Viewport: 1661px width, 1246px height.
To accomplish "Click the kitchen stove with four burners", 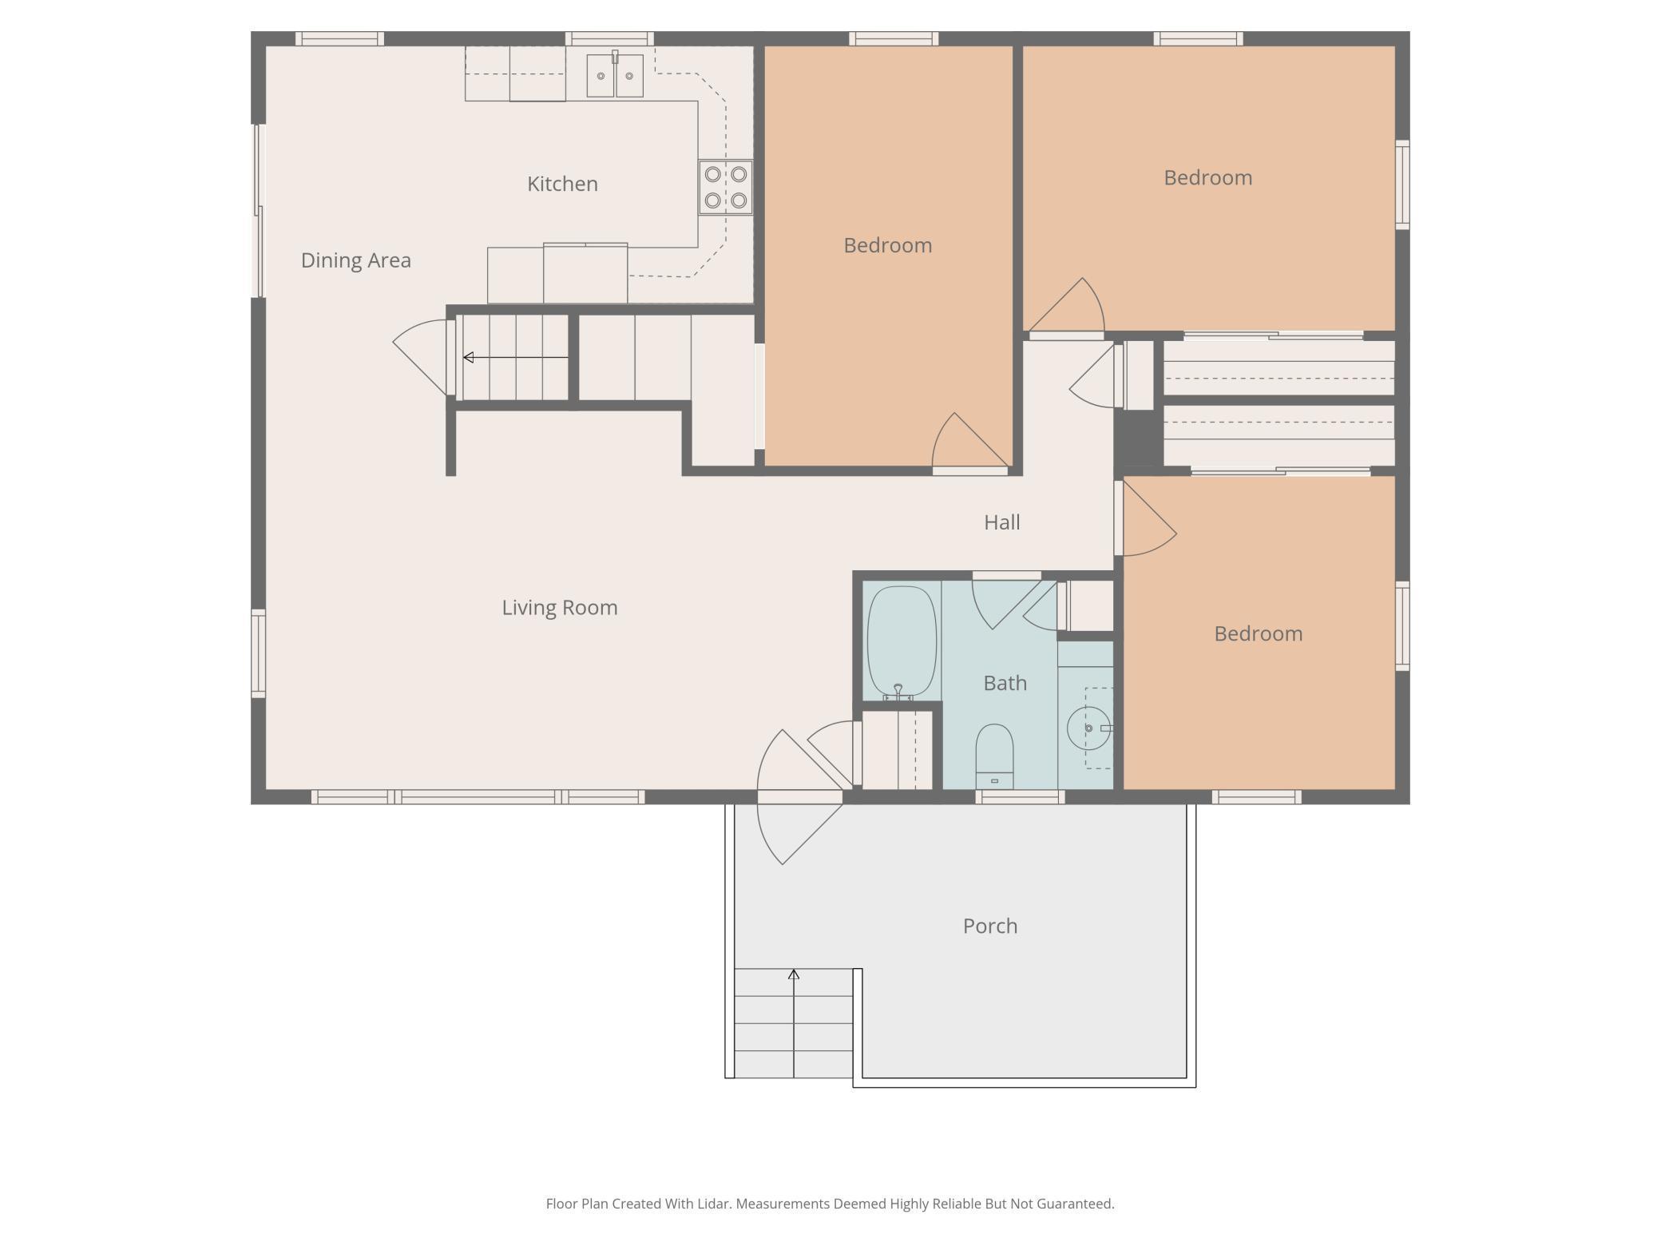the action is pos(726,187).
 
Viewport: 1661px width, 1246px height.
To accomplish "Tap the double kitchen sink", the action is pos(615,75).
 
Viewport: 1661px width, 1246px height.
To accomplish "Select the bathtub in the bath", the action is pos(902,642).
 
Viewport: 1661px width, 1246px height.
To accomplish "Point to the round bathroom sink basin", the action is pos(1088,728).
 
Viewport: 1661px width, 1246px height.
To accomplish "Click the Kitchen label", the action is pos(562,184).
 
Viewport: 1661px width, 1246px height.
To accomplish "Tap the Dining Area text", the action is pos(356,260).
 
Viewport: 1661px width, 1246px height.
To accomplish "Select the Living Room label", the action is pos(560,608).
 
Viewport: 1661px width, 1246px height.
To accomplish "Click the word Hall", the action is pos(1002,522).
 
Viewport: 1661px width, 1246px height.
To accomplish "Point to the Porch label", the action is pos(990,926).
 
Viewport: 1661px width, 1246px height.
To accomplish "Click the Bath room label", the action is pos(1005,683).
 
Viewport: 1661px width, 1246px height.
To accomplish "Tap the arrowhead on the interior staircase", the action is pos(469,357).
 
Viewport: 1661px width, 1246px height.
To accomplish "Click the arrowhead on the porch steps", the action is pos(794,974).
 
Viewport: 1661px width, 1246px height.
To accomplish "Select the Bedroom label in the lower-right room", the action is pos(1259,633).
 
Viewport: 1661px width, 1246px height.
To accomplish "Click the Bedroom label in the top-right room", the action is pos(1207,177).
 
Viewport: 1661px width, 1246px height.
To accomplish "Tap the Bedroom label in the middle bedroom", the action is pos(888,245).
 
